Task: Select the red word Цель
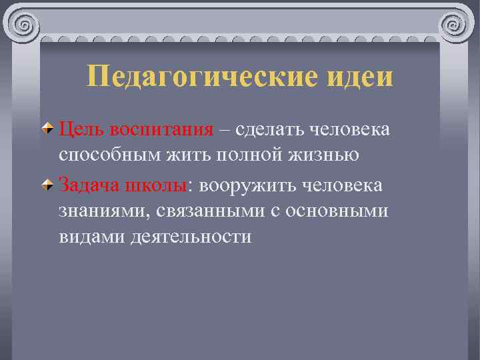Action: [81, 128]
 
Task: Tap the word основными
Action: [336, 210]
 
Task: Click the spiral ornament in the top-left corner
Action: [24, 27]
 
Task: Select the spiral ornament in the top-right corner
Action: [455, 27]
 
